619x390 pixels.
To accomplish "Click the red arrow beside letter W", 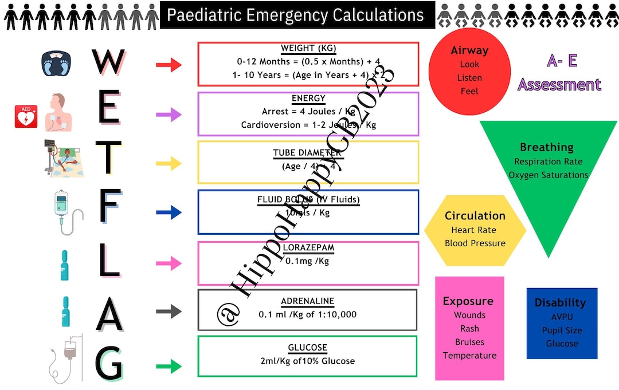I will [169, 65].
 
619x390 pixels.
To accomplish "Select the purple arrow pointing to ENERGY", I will [169, 115].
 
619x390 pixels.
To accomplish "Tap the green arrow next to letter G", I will [169, 366].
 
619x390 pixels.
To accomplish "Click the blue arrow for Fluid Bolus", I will [169, 213].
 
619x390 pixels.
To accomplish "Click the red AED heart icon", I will [25, 117].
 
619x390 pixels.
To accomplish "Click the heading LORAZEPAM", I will [308, 247].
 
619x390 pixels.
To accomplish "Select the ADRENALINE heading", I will [307, 301].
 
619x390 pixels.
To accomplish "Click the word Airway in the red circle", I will [469, 50].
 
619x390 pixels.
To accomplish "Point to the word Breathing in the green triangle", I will [546, 147].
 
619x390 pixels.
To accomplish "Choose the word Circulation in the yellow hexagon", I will [475, 216].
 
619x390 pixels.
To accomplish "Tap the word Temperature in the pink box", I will [469, 356].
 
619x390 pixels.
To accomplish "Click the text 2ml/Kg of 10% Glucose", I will [307, 361].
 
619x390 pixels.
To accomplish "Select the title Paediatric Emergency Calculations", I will [296, 15].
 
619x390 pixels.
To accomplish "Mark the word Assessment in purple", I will [559, 85].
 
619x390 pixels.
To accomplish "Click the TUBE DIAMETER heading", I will [307, 153].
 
